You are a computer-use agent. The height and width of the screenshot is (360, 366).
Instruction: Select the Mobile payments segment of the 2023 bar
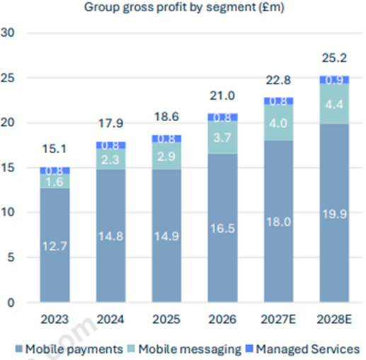[55, 245]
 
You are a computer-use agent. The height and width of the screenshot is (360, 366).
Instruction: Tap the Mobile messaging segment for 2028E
[334, 103]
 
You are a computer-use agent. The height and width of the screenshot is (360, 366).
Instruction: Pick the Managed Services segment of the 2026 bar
[222, 117]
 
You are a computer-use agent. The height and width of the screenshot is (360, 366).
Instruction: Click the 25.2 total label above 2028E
[334, 58]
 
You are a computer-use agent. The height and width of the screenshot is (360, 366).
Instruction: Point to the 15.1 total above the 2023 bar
[55, 149]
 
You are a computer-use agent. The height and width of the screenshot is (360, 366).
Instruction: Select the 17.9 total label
[110, 123]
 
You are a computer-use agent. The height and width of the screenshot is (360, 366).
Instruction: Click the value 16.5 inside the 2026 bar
[222, 228]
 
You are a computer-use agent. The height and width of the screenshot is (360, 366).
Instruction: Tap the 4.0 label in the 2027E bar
[278, 123]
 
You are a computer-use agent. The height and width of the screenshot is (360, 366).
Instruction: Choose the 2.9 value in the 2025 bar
[166, 157]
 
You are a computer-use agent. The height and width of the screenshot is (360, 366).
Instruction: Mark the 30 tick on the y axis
[8, 33]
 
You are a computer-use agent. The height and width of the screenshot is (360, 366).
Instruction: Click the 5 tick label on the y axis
[11, 257]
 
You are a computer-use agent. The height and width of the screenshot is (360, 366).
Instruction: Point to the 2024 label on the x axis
[110, 320]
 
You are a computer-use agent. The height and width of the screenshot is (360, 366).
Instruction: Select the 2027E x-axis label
[278, 320]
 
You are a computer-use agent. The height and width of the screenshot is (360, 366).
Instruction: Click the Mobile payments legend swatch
[19, 349]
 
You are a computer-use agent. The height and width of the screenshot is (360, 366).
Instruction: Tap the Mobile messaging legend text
[190, 349]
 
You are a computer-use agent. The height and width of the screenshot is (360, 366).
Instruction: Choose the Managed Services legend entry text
[308, 349]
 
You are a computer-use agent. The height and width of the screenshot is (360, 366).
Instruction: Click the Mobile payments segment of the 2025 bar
[166, 235]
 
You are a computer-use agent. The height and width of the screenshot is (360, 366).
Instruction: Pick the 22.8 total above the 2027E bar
[278, 80]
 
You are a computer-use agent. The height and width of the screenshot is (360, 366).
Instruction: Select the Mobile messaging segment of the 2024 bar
[110, 159]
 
